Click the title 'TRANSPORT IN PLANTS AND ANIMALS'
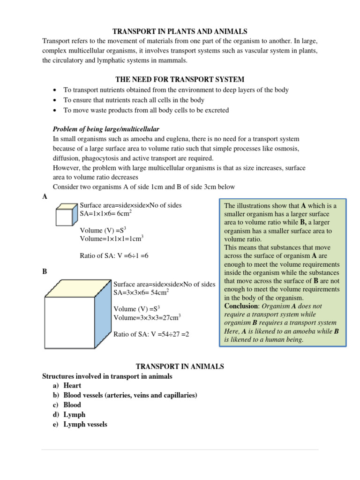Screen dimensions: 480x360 pyautogui.click(x=180, y=31)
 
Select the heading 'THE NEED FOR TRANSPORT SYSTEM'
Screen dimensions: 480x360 pyautogui.click(x=180, y=79)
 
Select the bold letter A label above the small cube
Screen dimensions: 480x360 pyautogui.click(x=45, y=197)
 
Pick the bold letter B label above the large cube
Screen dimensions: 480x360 pyautogui.click(x=45, y=271)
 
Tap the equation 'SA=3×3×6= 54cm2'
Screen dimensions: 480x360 pyautogui.click(x=141, y=292)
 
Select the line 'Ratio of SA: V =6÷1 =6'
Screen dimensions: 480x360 pyautogui.click(x=115, y=255)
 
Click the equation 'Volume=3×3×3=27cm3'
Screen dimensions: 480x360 pyautogui.click(x=147, y=317)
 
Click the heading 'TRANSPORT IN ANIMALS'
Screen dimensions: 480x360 pyautogui.click(x=180, y=366)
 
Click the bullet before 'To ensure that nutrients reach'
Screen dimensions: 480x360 pyautogui.click(x=55, y=100)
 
